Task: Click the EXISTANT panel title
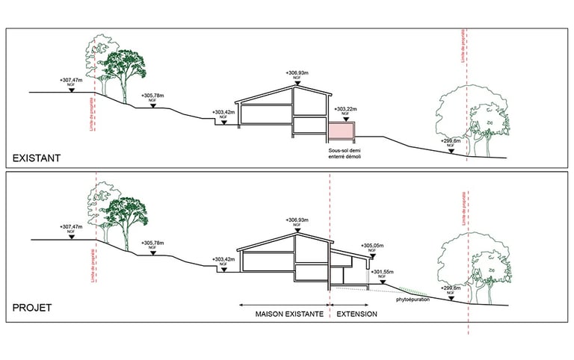tap(36, 158)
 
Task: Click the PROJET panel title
tap(32, 307)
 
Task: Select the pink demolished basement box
tap(343, 131)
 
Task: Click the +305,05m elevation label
tap(374, 246)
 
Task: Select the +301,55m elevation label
tap(382, 272)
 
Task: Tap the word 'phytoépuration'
tap(413, 302)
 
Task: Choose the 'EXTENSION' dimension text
tap(357, 314)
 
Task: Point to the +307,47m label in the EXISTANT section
tap(72, 78)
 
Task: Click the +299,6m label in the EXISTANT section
tap(452, 140)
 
